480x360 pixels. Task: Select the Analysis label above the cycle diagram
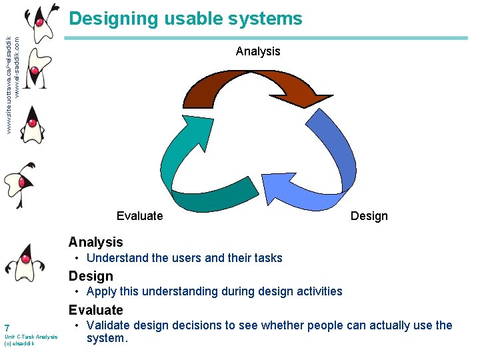tap(258, 51)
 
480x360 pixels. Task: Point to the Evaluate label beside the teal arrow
tap(139, 215)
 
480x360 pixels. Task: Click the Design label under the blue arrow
tap(369, 215)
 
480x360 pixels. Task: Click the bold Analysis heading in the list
tap(96, 242)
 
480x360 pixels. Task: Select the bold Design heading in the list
tap(91, 276)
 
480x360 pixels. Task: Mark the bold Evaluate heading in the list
tap(96, 310)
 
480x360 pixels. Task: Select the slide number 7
tap(7, 328)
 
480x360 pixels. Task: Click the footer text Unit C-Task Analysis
tap(31, 337)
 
